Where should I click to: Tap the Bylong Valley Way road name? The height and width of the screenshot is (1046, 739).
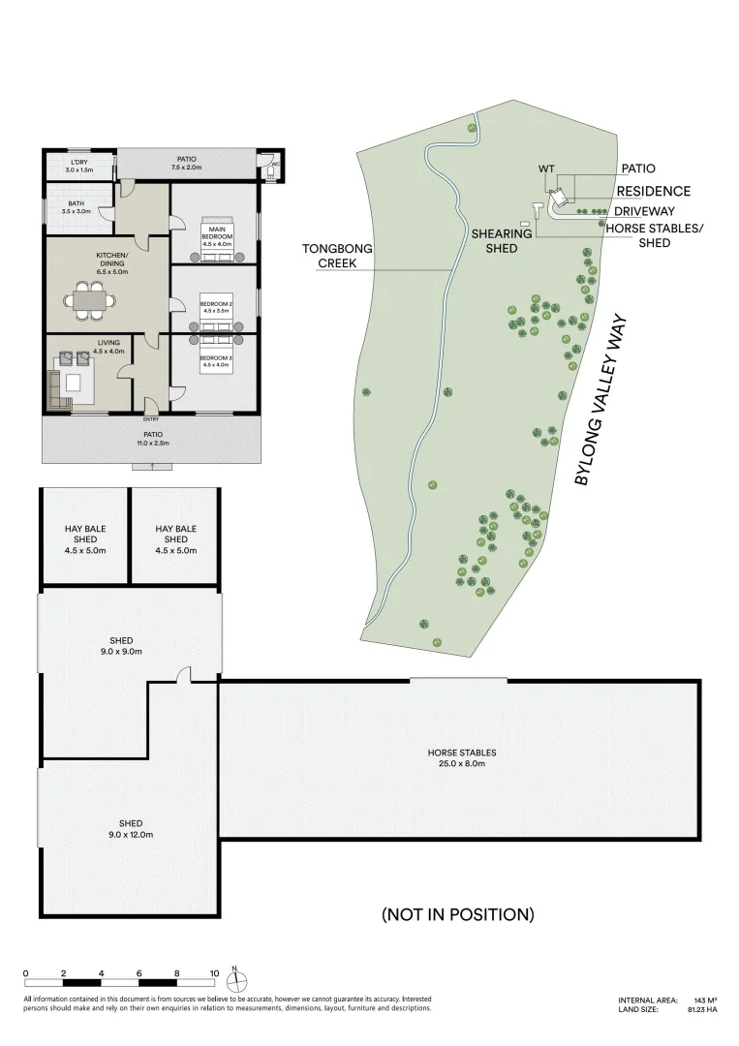(x=601, y=400)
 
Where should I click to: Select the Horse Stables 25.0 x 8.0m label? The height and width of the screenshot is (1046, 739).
(x=462, y=757)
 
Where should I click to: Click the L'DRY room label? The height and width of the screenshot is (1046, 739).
(x=78, y=166)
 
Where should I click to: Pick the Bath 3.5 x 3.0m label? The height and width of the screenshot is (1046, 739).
(x=75, y=207)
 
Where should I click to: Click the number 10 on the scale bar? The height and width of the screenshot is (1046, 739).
(x=215, y=973)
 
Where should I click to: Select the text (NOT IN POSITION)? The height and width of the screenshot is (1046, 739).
(x=457, y=913)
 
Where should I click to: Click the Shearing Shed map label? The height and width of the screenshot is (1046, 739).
(x=501, y=241)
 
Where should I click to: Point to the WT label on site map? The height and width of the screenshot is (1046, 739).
(x=546, y=169)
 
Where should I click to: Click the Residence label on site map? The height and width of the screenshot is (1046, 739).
(x=654, y=192)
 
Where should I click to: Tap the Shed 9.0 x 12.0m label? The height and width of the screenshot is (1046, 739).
(x=131, y=828)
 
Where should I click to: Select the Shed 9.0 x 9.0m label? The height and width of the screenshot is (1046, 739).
(x=121, y=646)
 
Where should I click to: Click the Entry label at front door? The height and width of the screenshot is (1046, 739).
(x=151, y=418)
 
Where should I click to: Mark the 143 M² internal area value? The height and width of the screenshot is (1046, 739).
(x=705, y=1000)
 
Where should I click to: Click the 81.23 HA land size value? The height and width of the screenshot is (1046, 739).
(x=701, y=1009)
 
